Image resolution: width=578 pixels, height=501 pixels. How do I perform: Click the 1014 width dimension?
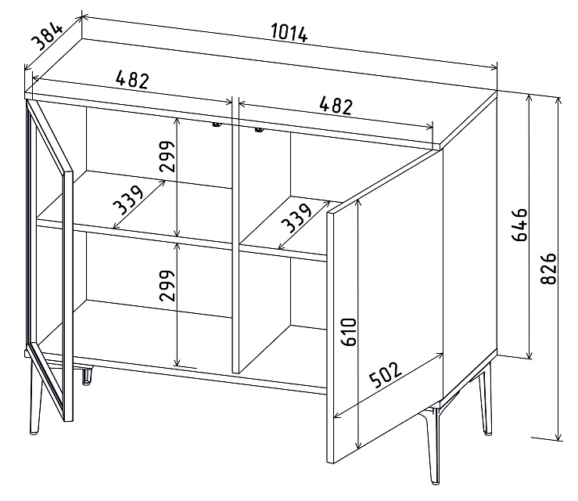coord(289,33)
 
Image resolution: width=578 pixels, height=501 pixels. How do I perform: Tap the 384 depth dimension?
coord(47,36)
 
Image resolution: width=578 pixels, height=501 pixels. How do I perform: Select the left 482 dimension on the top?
coord(132,80)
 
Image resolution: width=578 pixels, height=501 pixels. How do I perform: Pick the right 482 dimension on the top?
coord(336,106)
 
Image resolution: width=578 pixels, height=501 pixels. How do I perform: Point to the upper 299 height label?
coord(167,157)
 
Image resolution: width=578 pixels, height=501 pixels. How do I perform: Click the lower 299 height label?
coord(167,286)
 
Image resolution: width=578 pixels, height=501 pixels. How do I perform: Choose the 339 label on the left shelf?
coord(128,200)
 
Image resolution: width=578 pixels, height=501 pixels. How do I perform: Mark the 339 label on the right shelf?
coord(296,218)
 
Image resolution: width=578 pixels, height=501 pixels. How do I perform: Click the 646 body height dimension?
coord(520,225)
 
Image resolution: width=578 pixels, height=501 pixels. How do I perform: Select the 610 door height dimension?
coord(348,332)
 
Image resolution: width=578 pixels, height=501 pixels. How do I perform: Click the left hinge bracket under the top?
coord(216,125)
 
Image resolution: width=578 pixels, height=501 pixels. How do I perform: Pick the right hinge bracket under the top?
coord(259,130)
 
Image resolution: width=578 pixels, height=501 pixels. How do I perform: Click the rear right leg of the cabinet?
coord(485,398)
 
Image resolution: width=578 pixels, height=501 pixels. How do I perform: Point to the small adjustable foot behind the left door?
coord(87,376)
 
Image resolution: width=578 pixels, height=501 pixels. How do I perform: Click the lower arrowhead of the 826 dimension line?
coord(559,435)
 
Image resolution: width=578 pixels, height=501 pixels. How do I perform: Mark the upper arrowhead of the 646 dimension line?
coord(530,99)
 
